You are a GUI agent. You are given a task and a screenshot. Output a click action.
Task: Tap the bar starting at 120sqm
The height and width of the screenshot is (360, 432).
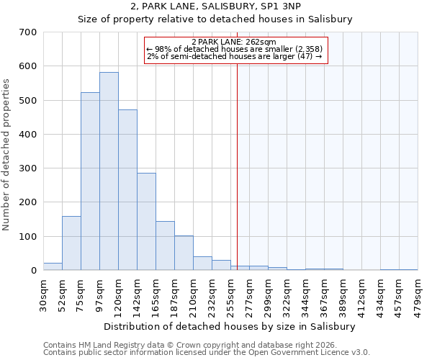pyautogui.click(x=127, y=190)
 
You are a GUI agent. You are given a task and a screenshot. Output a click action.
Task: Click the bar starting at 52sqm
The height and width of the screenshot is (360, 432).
pyautogui.click(x=71, y=243)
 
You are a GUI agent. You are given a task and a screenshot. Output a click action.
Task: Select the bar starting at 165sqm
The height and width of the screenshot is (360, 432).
pyautogui.click(x=165, y=246)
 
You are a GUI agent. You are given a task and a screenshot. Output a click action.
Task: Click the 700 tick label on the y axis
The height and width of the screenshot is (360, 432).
pyautogui.click(x=28, y=32)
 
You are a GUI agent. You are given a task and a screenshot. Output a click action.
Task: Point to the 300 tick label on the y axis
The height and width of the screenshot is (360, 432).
pyautogui.click(x=28, y=168)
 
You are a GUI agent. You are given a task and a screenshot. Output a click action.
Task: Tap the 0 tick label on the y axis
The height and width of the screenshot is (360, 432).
pyautogui.click(x=33, y=271)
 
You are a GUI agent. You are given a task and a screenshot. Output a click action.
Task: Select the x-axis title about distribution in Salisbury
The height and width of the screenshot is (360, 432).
pyautogui.click(x=230, y=326)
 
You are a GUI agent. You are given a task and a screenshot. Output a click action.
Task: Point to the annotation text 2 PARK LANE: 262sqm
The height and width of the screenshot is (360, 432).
pyautogui.click(x=235, y=42)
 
